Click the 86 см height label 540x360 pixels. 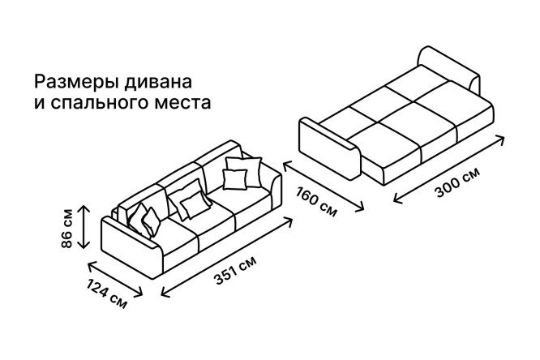click(66, 228)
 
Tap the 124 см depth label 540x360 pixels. click(107, 294)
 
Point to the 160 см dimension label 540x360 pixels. click(316, 202)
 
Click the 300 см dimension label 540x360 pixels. click(458, 182)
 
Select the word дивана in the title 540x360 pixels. click(158, 83)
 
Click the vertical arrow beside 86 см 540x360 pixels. click(84, 226)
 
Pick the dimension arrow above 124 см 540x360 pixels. click(115, 279)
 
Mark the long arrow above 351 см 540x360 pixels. click(226, 257)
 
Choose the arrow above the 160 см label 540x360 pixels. click(324, 186)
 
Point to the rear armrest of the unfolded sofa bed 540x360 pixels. click(448, 69)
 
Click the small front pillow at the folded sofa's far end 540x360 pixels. click(235, 179)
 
